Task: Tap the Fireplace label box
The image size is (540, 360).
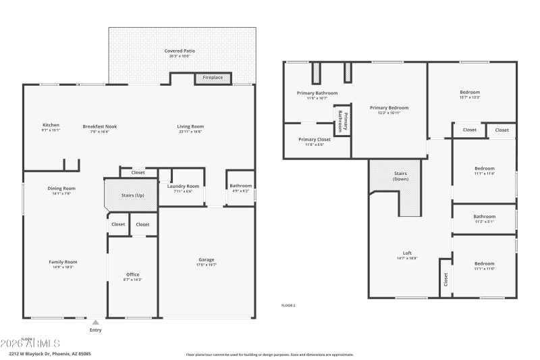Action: [213, 78]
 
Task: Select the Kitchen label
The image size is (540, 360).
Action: [51, 126]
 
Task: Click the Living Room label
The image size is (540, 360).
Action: [190, 126]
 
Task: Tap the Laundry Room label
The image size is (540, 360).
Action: [183, 186]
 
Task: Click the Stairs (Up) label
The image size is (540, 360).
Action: [132, 195]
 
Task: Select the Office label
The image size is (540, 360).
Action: [133, 274]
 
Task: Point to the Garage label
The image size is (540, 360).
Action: [207, 260]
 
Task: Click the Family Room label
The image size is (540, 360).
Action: [63, 262]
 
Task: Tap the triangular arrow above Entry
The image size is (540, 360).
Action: [96, 322]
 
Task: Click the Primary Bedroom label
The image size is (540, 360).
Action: [389, 108]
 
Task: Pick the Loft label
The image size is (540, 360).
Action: [402, 254]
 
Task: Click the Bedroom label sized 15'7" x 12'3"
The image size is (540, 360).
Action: [470, 93]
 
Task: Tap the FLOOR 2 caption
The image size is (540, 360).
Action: [288, 305]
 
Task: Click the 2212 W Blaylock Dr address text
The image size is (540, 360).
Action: [50, 353]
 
